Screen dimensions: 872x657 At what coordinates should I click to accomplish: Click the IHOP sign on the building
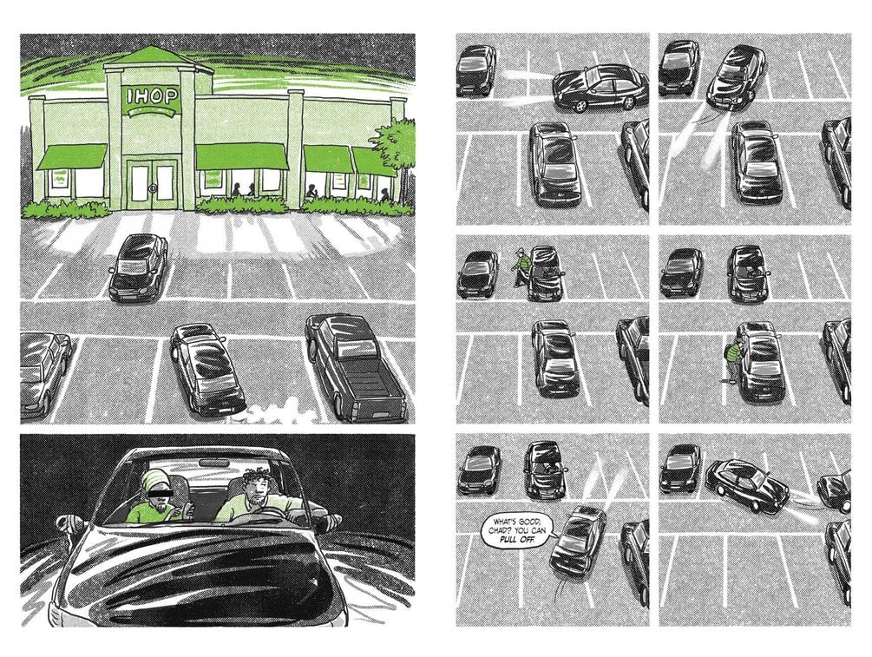click(153, 97)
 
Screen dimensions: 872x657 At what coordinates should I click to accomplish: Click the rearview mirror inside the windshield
click(214, 463)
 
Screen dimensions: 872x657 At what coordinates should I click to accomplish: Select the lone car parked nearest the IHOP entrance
click(138, 267)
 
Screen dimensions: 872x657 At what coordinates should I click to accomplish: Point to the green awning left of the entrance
click(72, 157)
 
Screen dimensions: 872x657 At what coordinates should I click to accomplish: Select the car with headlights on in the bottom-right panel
click(747, 484)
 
